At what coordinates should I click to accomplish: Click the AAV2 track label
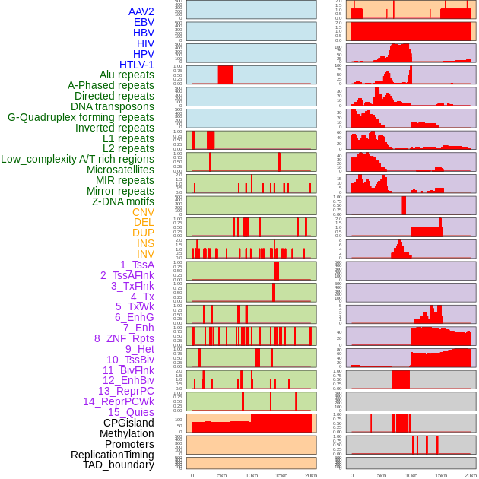click(141, 11)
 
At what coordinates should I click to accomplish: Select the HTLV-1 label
click(137, 65)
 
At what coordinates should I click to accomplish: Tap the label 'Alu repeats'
click(127, 75)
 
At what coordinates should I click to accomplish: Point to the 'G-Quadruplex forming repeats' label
click(81, 117)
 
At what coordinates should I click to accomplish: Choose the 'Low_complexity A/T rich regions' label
click(78, 159)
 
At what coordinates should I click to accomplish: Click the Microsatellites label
click(120, 170)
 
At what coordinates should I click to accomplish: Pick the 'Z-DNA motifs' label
click(123, 201)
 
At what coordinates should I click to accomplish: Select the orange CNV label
click(143, 212)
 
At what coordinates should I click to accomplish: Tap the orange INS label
click(145, 243)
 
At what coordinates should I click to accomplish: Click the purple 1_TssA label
click(137, 265)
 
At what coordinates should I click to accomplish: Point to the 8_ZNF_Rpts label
click(124, 338)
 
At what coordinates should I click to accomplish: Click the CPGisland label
click(128, 423)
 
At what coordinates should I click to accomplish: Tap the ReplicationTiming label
click(113, 455)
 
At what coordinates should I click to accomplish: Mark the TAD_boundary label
click(119, 465)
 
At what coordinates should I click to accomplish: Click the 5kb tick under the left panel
click(222, 475)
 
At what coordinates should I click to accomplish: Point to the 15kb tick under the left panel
click(281, 475)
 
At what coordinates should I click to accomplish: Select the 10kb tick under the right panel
click(411, 475)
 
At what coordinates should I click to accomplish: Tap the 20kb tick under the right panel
click(471, 475)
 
